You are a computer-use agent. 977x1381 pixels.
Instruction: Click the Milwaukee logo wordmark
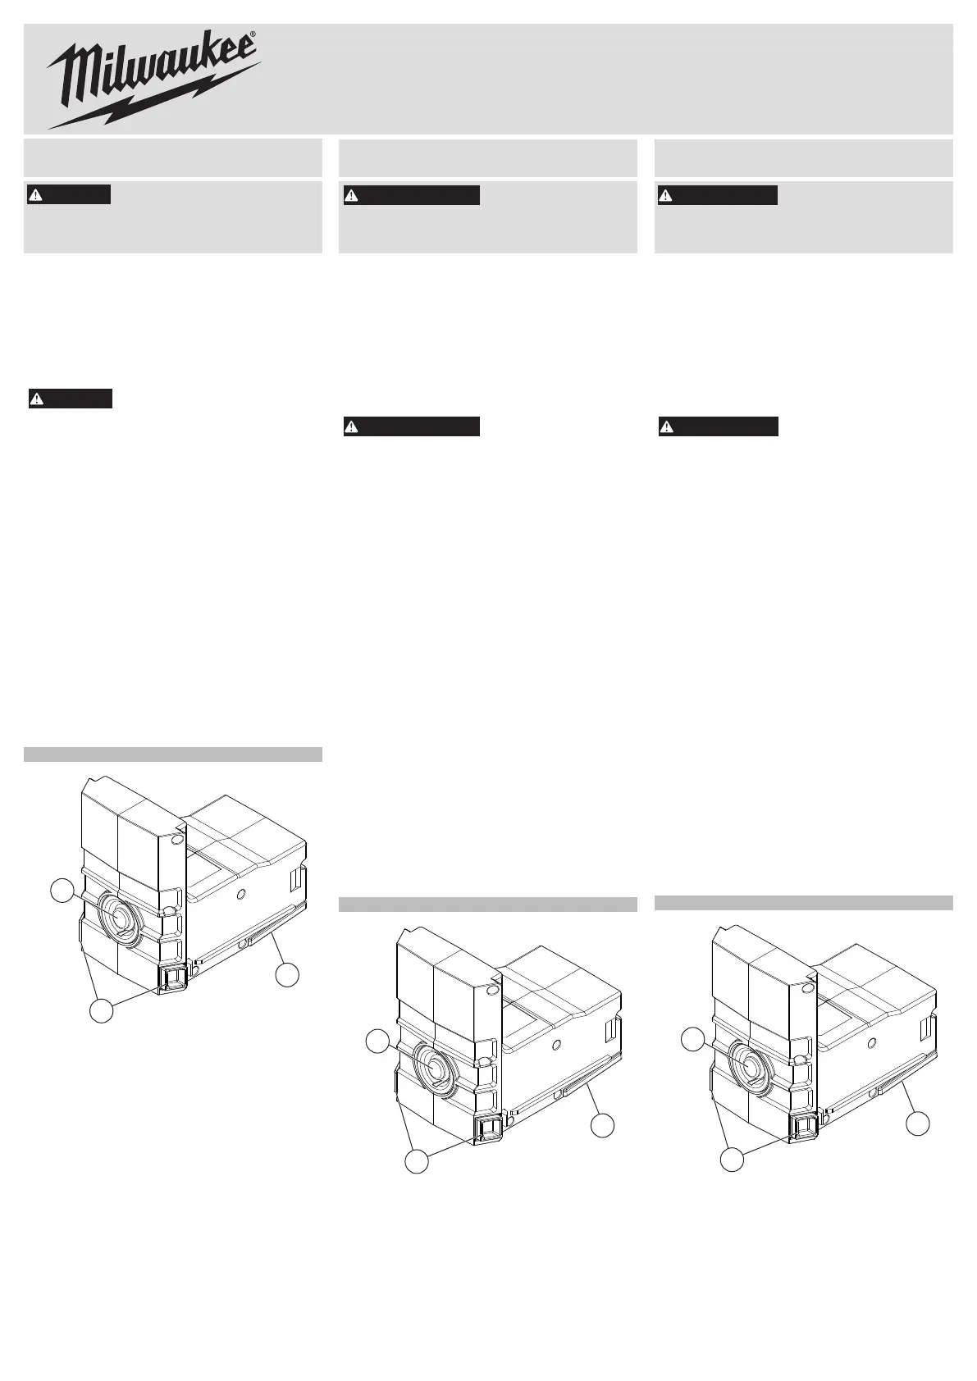click(151, 67)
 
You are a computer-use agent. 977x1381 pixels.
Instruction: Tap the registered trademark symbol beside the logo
click(253, 34)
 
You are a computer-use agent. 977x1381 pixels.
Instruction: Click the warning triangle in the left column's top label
click(36, 195)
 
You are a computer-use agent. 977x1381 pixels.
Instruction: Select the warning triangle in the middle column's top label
click(352, 195)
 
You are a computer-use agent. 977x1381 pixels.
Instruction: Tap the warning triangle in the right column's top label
click(665, 195)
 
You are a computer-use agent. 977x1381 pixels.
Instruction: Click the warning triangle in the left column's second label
click(37, 399)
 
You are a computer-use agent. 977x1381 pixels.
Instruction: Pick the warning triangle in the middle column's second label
click(352, 426)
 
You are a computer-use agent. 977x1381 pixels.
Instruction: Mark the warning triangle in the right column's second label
click(666, 426)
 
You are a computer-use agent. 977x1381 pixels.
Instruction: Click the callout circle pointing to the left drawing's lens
click(62, 891)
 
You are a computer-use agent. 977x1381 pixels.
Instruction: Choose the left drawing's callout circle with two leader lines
click(102, 1011)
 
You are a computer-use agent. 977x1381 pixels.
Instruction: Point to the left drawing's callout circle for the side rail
click(287, 975)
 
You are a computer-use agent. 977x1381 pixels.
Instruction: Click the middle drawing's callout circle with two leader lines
click(417, 1161)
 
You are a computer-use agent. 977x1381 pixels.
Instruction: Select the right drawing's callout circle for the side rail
click(918, 1123)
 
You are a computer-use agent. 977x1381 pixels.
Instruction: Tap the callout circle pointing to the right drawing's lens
click(692, 1040)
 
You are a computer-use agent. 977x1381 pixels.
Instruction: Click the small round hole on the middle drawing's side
click(557, 1043)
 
